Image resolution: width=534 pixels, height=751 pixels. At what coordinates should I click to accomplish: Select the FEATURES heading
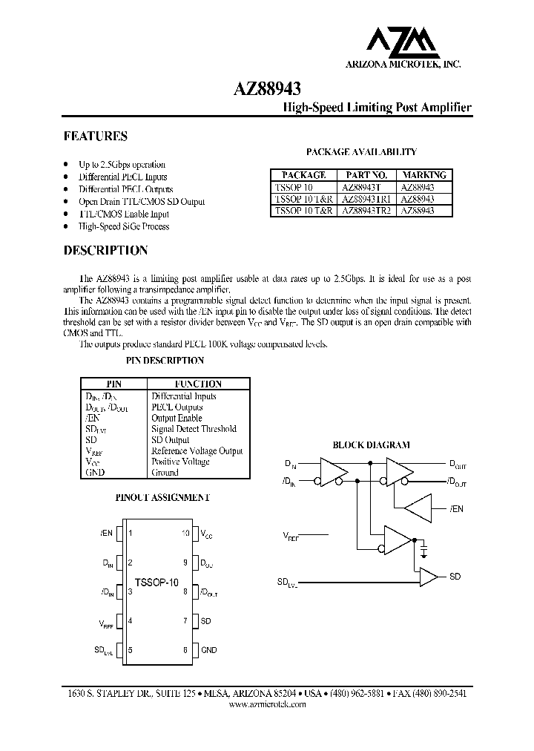[95, 137]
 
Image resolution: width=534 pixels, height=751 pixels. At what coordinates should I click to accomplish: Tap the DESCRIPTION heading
[105, 251]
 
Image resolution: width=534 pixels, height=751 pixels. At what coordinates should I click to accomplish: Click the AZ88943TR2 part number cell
[368, 211]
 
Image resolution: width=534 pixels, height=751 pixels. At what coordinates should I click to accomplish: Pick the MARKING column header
[423, 175]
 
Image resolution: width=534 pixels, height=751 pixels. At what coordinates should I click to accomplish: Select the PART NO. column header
[368, 175]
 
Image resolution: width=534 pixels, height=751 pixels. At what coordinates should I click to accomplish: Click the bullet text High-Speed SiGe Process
[124, 226]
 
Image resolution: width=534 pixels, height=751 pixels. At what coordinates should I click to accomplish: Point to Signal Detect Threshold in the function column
[194, 428]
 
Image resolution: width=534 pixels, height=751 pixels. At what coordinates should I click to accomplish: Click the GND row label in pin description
[95, 472]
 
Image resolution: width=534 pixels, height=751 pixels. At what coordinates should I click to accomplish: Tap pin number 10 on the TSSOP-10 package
[186, 533]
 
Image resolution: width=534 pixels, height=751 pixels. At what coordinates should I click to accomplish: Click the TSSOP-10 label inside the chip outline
[156, 583]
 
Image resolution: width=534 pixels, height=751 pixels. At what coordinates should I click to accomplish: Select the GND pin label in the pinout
[209, 650]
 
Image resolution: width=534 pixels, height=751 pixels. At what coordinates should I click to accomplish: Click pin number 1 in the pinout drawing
[131, 533]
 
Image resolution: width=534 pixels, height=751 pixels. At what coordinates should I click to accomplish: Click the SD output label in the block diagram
[455, 577]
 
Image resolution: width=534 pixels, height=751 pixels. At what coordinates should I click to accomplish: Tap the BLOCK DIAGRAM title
[371, 445]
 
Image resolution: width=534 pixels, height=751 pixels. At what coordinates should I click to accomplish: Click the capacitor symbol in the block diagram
[423, 548]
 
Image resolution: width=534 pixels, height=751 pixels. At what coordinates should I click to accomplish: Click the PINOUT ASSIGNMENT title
[163, 497]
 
